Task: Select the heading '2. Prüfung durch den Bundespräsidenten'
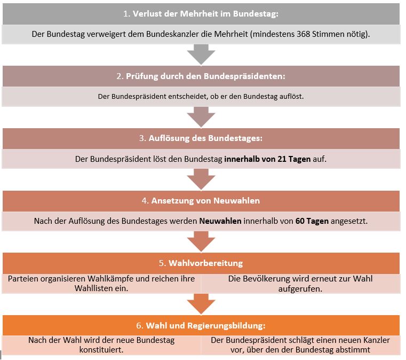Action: tap(201, 76)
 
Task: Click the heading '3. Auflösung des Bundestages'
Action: tap(201, 138)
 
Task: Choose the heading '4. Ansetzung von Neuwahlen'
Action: tap(201, 201)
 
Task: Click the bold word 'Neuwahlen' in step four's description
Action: tap(220, 221)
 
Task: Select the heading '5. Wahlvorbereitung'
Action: tap(201, 263)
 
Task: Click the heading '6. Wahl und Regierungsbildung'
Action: tap(201, 325)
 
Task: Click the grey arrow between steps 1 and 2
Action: tap(201, 53)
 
